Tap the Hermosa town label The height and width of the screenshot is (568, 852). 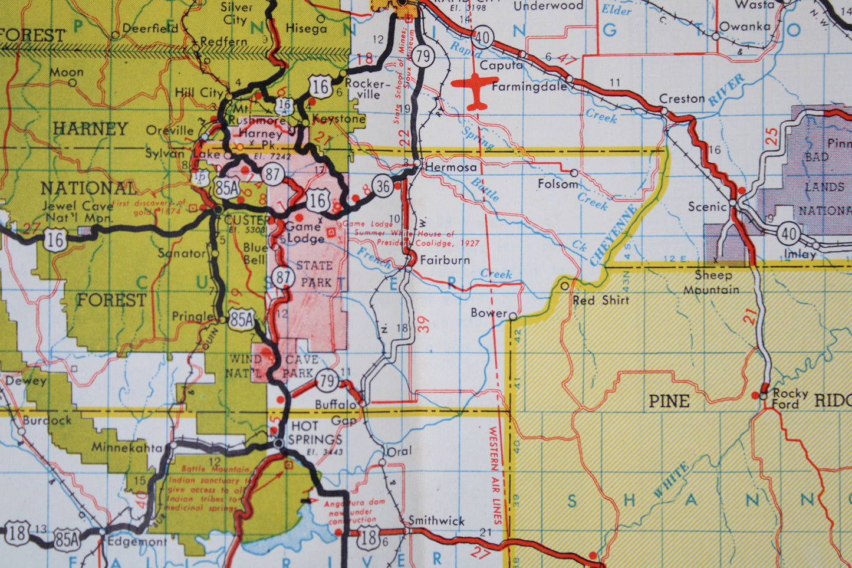pyautogui.click(x=450, y=168)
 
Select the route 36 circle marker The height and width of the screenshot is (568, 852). pyautogui.click(x=383, y=186)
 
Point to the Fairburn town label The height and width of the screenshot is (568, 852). pyautogui.click(x=445, y=260)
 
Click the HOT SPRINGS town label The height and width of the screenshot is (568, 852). pyautogui.click(x=315, y=434)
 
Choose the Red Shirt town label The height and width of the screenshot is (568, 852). pyautogui.click(x=601, y=300)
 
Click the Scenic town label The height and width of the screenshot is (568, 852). pyautogui.click(x=707, y=206)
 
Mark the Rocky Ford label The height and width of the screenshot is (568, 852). pyautogui.click(x=790, y=399)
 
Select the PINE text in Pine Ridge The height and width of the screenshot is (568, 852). pyautogui.click(x=669, y=402)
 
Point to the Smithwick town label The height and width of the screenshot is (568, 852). pyautogui.click(x=436, y=521)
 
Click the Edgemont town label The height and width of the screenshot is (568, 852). pyautogui.click(x=137, y=541)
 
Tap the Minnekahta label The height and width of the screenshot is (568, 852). pyautogui.click(x=126, y=448)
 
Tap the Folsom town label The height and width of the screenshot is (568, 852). pyautogui.click(x=558, y=184)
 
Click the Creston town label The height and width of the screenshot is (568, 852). pyautogui.click(x=682, y=99)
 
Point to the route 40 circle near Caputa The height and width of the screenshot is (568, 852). pyautogui.click(x=482, y=38)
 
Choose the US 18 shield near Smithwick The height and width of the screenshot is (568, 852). pyautogui.click(x=369, y=537)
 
